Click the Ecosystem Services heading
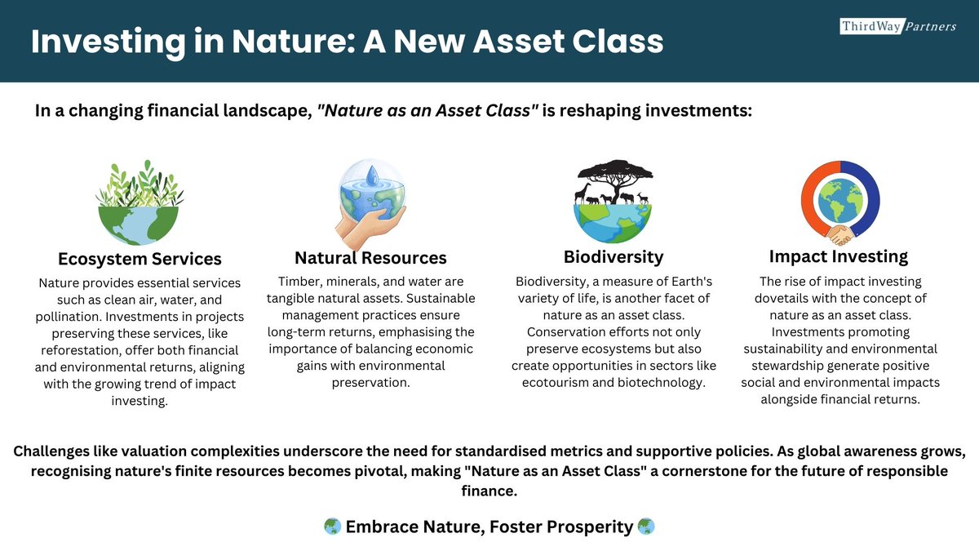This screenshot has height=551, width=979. pos(140,259)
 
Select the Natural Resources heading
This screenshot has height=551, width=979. pos(370,258)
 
